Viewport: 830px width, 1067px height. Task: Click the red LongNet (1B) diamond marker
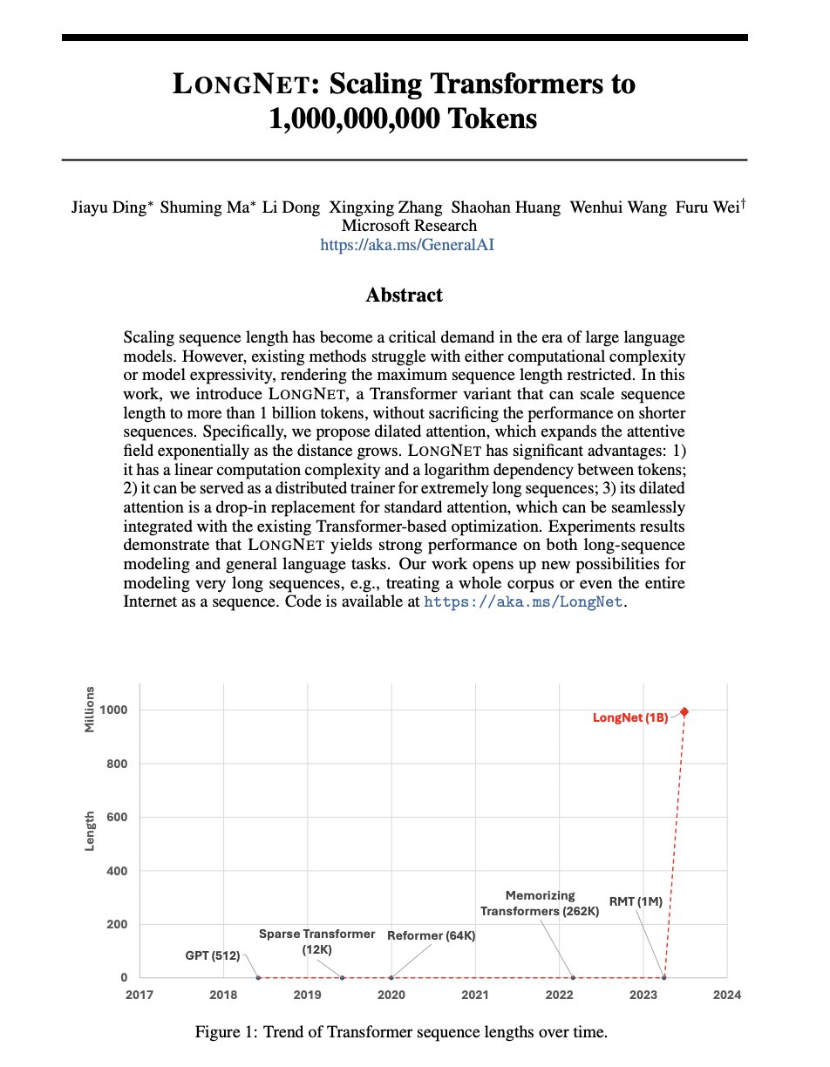pos(684,712)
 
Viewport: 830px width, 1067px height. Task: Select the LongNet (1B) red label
pos(630,718)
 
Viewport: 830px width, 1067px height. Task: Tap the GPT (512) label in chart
pos(213,955)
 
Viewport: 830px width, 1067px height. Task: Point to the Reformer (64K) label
pos(432,935)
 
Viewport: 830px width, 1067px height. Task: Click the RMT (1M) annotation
pos(636,902)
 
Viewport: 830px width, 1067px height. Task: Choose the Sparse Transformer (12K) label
pos(316,941)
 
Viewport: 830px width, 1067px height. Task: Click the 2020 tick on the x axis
pos(391,995)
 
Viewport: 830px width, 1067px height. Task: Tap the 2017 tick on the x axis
pos(139,995)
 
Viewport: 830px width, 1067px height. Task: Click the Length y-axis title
pos(90,831)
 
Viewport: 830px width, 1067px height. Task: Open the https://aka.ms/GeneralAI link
pos(407,245)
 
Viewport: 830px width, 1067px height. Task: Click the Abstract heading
pos(404,296)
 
